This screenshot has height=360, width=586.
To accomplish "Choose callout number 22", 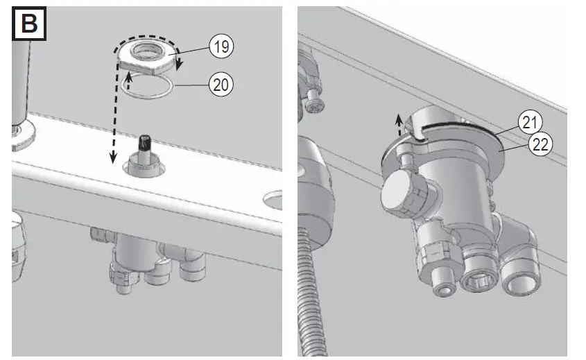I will pyautogui.click(x=539, y=144).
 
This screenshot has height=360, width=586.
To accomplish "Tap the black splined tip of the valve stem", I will pyautogui.click(x=146, y=142).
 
